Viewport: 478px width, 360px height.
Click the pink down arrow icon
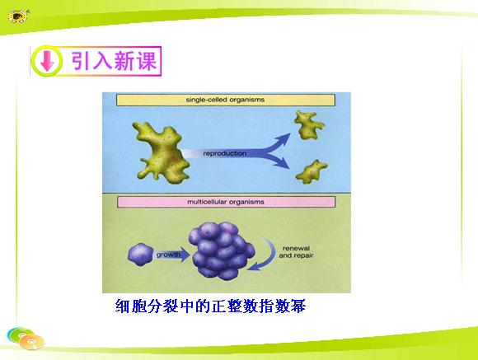(47, 61)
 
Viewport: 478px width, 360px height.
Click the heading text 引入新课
(114, 61)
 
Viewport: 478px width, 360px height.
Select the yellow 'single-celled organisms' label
(226, 100)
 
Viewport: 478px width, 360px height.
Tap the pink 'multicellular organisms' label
(226, 202)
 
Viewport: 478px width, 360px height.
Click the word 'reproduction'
(225, 153)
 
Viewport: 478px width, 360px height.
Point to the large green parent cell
(162, 152)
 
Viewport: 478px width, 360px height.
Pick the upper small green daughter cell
(308, 125)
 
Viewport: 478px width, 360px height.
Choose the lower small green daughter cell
(312, 171)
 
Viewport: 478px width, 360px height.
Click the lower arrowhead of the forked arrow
(283, 163)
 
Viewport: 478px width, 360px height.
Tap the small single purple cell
(141, 255)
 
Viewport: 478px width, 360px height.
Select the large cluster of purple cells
(222, 250)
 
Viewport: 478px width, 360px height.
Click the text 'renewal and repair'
(296, 252)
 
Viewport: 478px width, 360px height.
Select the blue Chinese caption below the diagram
(210, 306)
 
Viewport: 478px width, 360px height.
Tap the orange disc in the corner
(31, 341)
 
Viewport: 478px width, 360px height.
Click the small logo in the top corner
(18, 16)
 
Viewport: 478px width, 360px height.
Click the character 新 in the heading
(124, 61)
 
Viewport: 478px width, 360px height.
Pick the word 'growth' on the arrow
(168, 255)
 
